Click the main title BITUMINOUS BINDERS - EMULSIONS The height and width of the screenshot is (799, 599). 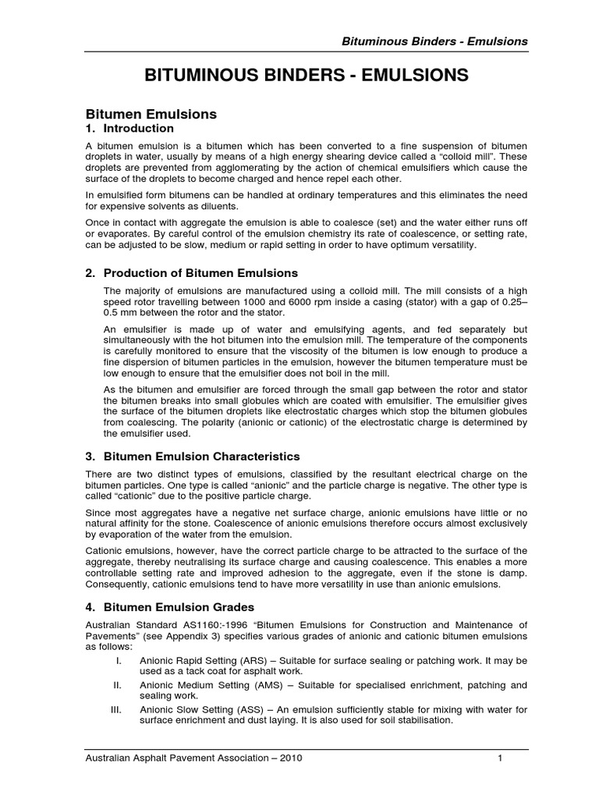(307, 76)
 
